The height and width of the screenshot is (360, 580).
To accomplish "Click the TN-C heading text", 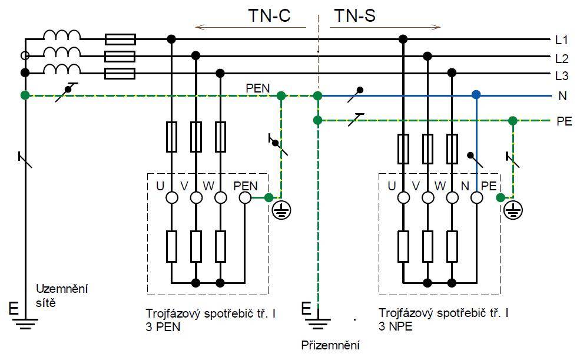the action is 269,15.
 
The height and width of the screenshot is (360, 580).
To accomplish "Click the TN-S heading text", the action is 354,15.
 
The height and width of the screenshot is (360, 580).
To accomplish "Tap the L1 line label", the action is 562,40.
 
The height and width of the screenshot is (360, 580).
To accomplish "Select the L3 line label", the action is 562,76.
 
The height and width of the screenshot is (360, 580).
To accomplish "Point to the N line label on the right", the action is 562,96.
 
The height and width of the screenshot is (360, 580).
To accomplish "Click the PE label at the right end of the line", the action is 564,121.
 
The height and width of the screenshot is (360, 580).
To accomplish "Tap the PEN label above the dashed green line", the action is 258,88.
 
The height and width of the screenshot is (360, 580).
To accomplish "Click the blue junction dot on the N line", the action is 476,95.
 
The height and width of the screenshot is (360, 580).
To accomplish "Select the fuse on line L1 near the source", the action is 120,39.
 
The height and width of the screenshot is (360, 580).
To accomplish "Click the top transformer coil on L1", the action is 62,35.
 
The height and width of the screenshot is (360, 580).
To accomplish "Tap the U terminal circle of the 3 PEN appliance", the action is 171,198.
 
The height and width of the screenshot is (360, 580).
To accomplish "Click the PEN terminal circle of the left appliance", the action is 245,198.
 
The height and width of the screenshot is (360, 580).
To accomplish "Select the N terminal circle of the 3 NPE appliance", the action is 476,198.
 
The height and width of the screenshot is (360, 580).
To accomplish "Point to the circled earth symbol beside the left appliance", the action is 281,210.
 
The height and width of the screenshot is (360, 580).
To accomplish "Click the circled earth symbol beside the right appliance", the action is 513,210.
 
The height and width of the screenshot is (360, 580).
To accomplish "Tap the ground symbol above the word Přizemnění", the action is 318,323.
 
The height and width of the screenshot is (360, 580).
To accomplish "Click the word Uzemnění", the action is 62,289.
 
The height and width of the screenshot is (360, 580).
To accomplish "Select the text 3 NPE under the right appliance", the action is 395,326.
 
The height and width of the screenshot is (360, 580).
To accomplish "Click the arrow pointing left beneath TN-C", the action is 251,27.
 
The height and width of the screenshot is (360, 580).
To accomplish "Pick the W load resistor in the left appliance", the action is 220,246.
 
